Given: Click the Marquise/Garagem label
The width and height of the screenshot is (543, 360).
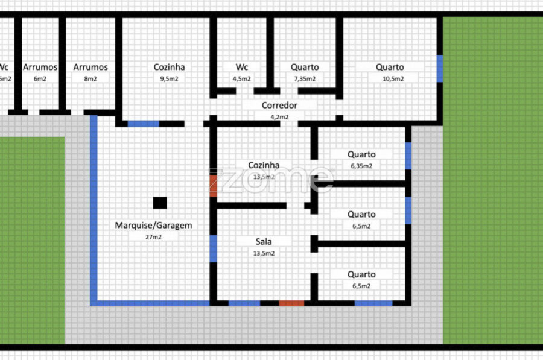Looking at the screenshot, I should (x=153, y=226).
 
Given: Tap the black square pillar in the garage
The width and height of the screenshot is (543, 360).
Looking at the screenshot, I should (x=159, y=203).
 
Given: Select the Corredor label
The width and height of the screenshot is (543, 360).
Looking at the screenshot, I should (x=279, y=106).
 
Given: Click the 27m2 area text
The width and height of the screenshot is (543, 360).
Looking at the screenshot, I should (x=153, y=237).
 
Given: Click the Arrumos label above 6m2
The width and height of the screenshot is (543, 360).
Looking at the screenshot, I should (x=40, y=67).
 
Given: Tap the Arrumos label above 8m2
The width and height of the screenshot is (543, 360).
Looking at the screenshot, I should (x=91, y=67).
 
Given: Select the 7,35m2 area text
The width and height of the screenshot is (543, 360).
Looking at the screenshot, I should (x=305, y=78).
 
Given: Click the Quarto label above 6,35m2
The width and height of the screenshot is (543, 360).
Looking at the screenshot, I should (x=361, y=154).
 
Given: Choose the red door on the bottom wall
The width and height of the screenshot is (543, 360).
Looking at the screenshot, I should (x=291, y=303).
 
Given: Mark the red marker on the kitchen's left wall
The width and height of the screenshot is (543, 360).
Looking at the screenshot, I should (x=214, y=185).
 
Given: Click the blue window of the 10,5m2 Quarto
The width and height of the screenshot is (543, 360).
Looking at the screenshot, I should (x=440, y=68).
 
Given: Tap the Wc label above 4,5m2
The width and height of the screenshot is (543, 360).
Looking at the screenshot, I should (x=242, y=67).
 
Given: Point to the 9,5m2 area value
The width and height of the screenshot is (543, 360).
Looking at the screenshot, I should (x=169, y=78).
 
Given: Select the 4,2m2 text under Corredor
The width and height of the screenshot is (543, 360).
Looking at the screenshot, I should (x=279, y=117).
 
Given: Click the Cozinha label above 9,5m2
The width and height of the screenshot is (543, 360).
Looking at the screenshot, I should (x=169, y=67).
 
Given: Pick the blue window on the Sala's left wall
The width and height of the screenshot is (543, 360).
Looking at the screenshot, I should (x=214, y=248).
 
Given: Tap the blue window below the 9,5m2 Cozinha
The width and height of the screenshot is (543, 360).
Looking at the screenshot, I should (x=144, y=124).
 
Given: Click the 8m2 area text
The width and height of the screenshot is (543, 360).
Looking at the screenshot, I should (x=91, y=78).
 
